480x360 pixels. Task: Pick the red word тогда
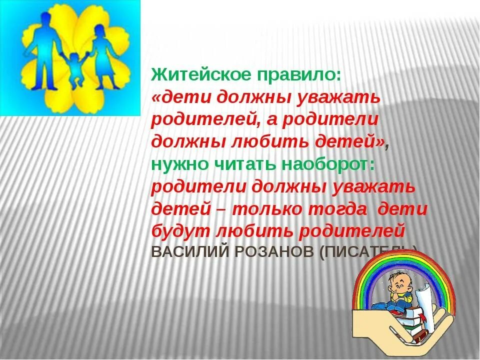(339, 209)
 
